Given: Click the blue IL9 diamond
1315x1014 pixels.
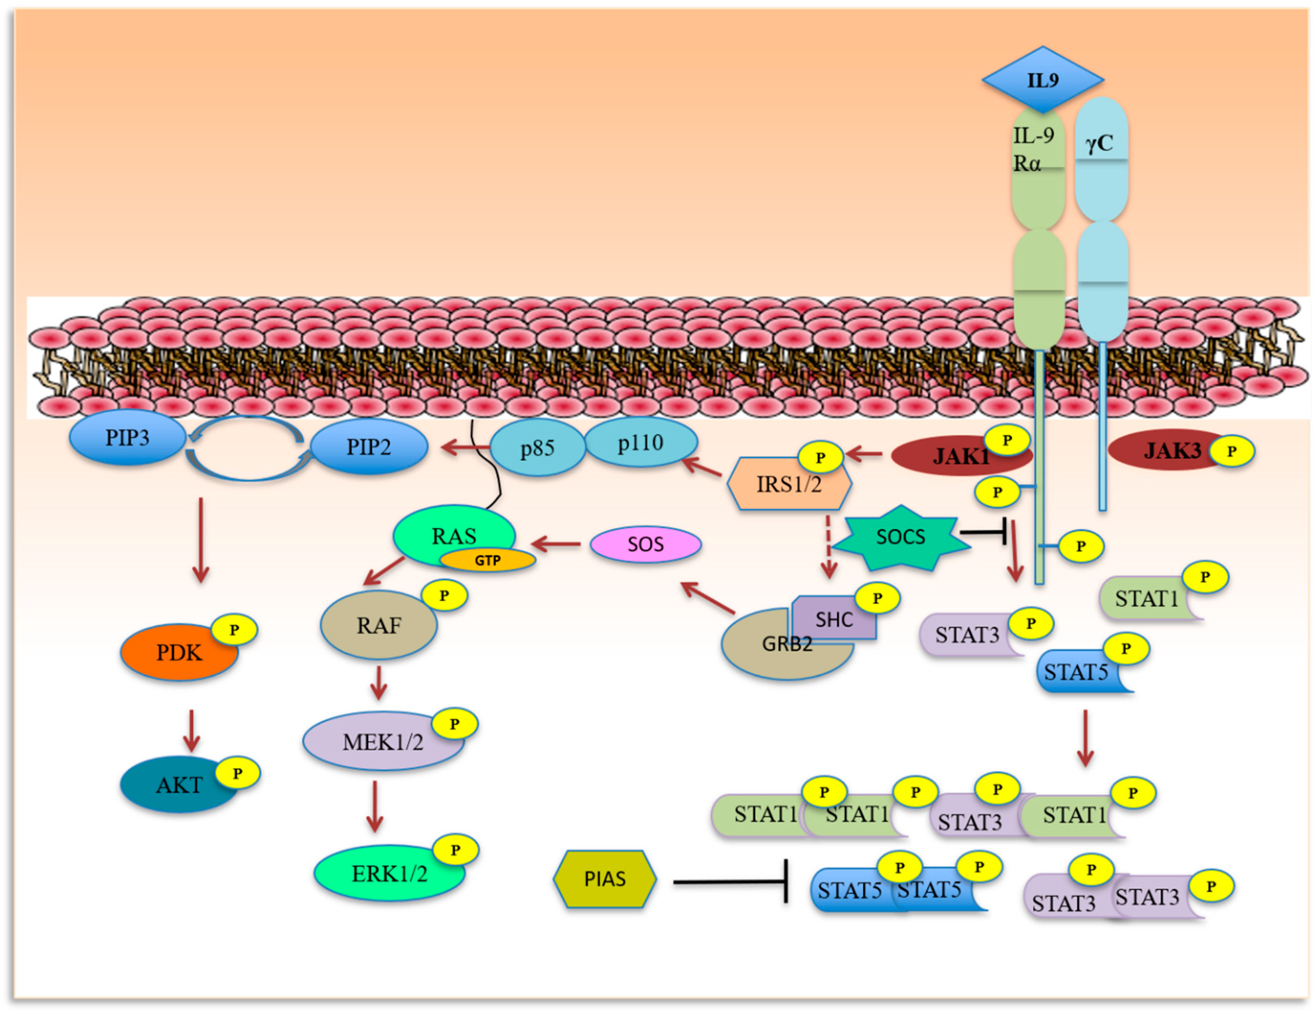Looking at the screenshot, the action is tap(1042, 80).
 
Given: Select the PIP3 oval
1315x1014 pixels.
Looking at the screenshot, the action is tap(127, 437).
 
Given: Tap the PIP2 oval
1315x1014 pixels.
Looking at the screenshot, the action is tap(368, 446).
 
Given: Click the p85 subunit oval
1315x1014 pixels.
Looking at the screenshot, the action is tap(537, 447).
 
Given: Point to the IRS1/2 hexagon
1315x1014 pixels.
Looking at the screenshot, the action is tap(789, 483).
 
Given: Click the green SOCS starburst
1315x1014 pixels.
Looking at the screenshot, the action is tap(901, 537).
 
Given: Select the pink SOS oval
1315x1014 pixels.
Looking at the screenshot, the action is tap(646, 544).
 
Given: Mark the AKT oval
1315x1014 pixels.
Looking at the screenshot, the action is tap(179, 784).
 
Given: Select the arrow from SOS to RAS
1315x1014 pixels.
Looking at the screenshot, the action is tap(556, 545).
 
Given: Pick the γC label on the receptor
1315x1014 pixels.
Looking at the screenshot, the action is tap(1099, 143).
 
